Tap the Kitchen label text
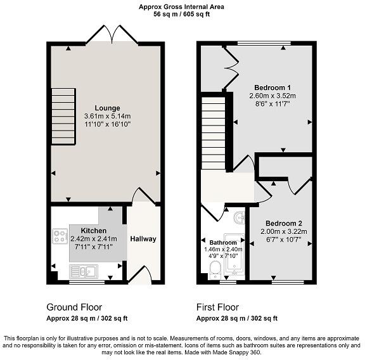click(x=93, y=231)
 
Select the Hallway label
click(x=143, y=239)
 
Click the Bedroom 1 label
click(x=272, y=87)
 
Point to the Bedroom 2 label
click(x=283, y=224)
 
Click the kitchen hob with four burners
click(x=60, y=237)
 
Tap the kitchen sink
click(x=84, y=272)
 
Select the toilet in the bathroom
click(x=215, y=269)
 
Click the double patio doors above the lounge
click(x=112, y=35)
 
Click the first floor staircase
click(x=214, y=127)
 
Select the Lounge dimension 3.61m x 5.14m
click(x=107, y=117)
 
